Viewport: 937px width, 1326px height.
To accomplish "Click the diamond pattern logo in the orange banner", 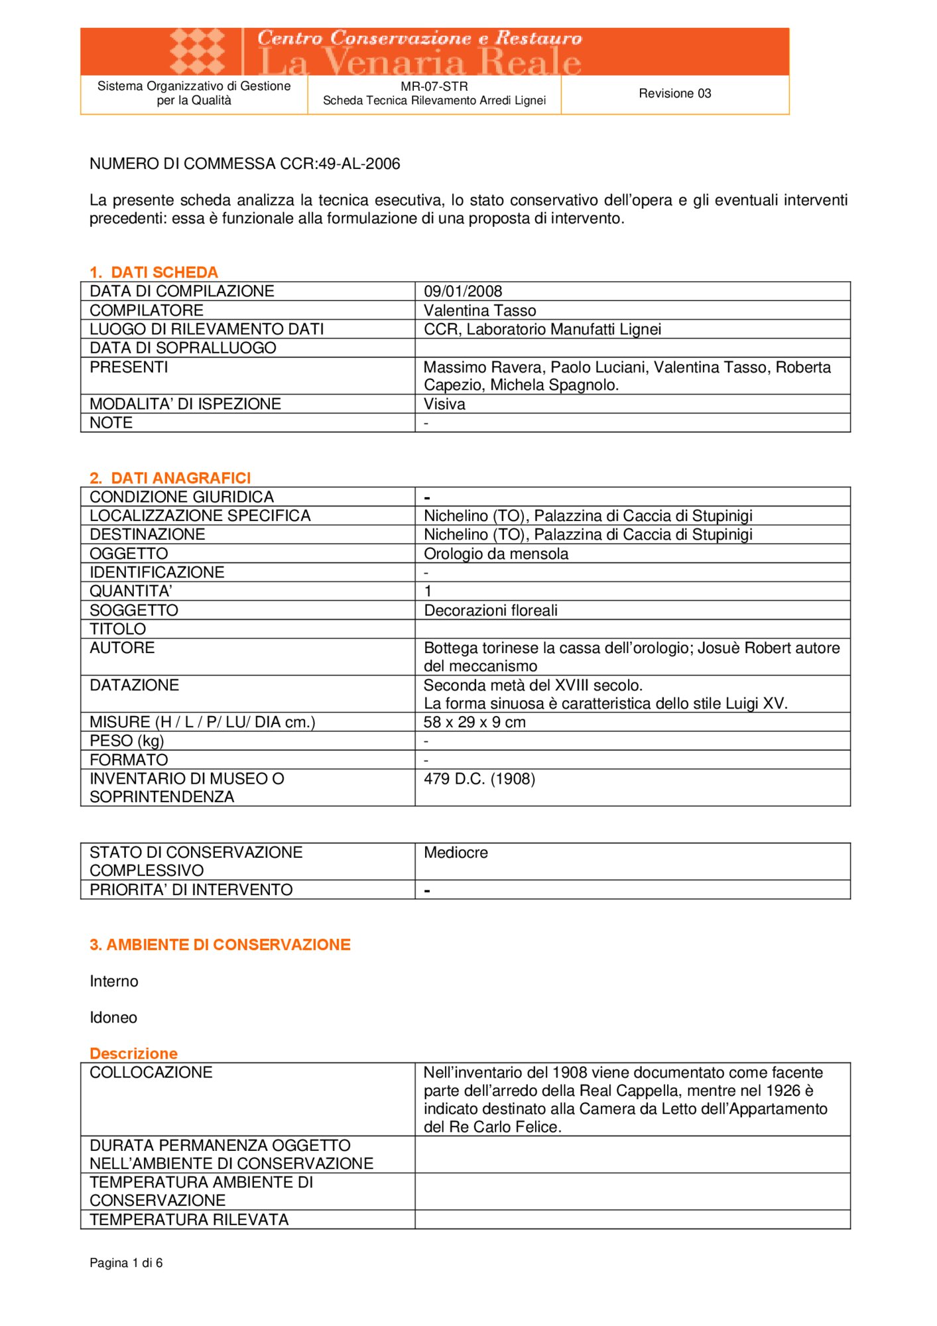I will coord(198,50).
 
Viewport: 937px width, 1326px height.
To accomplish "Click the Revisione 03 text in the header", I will coord(674,93).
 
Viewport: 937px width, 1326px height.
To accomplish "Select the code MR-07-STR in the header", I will coord(434,86).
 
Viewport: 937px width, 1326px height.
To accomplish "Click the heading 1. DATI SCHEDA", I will coord(153,272).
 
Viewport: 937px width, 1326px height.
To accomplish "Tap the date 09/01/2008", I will coord(463,291).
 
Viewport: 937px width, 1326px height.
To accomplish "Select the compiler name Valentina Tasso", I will coord(479,310).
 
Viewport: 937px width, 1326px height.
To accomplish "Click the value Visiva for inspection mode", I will coord(444,404).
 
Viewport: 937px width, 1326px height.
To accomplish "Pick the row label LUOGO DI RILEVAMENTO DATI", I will coord(206,329).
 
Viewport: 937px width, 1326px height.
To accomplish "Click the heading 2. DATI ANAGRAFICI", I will coord(170,478).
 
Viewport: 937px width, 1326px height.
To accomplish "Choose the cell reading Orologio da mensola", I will coord(496,554).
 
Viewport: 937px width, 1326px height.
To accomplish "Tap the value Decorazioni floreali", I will coord(491,610).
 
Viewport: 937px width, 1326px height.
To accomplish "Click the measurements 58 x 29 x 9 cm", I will coord(475,722).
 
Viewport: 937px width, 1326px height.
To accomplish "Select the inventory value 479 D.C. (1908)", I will coord(479,778).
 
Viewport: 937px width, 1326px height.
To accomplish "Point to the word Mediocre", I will coord(456,853).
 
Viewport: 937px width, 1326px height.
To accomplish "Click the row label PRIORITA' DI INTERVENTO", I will coord(191,890).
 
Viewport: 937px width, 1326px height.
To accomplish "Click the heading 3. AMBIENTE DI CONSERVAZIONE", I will coord(219,945).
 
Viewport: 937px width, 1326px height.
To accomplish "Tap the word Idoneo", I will coord(113,1018).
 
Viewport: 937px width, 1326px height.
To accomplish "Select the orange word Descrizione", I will coord(133,1054).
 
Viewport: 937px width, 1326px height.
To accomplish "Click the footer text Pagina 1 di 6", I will coord(126,1263).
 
